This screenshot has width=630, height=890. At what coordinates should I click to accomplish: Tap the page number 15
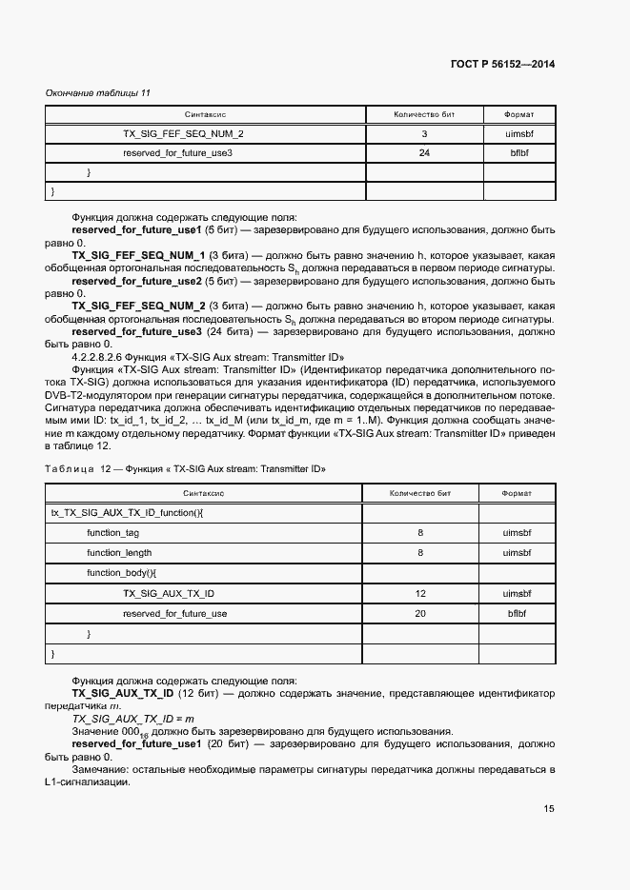pyautogui.click(x=549, y=809)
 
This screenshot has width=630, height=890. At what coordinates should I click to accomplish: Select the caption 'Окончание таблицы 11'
pyautogui.click(x=98, y=92)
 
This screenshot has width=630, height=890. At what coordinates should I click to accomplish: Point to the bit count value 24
pyautogui.click(x=424, y=152)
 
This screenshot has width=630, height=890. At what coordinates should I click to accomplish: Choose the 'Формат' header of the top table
pyautogui.click(x=519, y=114)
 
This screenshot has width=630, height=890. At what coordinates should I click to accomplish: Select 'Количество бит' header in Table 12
pyautogui.click(x=420, y=494)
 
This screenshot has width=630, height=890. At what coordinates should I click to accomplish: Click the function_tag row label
pyautogui.click(x=112, y=533)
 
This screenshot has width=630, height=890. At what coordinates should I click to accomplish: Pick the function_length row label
pyautogui.click(x=119, y=552)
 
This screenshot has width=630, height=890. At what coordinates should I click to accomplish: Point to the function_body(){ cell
pyautogui.click(x=121, y=573)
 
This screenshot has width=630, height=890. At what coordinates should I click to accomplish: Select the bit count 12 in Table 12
pyautogui.click(x=420, y=593)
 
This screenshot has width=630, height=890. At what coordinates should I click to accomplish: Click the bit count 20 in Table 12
pyautogui.click(x=420, y=613)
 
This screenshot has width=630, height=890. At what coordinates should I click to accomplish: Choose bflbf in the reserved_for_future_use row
pyautogui.click(x=518, y=613)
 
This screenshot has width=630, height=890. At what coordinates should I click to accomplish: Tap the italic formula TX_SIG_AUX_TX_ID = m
pyautogui.click(x=132, y=719)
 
